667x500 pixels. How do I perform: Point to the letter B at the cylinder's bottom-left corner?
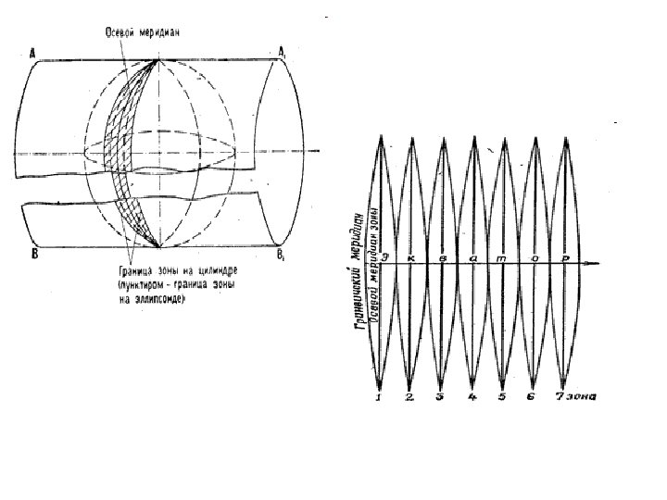33,254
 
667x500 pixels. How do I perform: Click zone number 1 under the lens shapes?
379,398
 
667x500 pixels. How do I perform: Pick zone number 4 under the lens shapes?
472,398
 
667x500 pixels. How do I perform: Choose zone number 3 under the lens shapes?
441,398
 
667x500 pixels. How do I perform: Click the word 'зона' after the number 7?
584,398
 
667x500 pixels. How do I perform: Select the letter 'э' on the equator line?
384,256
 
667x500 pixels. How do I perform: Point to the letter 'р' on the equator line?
564,256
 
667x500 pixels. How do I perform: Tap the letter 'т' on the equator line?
501,256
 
